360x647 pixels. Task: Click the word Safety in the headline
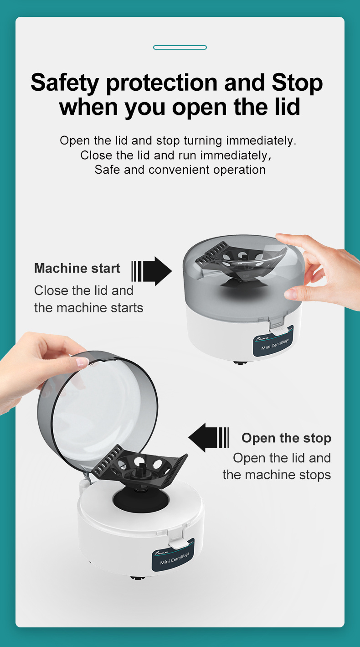coord(65,83)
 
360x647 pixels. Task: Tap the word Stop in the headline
coord(297,83)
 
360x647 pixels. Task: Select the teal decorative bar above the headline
coord(180,47)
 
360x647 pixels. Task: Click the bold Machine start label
coord(77,269)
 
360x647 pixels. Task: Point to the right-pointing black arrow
coord(152,271)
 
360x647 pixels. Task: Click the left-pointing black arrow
coord(208,437)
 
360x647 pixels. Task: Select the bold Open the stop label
coord(286,438)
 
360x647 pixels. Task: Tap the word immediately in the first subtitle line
coord(261,141)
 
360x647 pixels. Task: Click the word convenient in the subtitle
coord(179,170)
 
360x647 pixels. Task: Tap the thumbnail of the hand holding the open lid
coord(82,361)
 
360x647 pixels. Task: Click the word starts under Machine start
coord(127,308)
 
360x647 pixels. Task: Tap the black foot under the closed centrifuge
coord(239,363)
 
